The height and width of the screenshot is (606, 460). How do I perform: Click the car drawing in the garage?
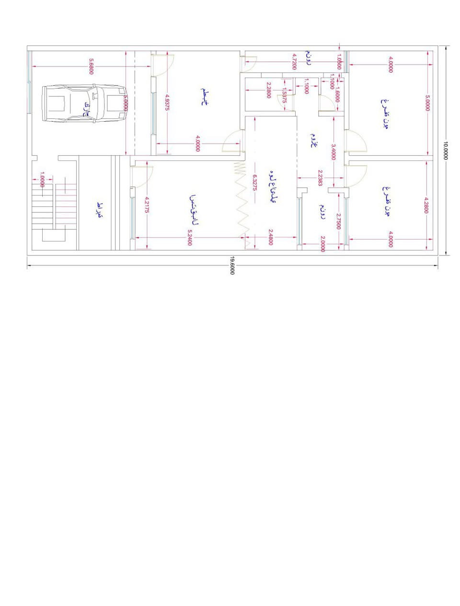85,103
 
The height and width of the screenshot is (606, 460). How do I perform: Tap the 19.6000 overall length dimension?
232,265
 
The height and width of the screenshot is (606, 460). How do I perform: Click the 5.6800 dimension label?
91,66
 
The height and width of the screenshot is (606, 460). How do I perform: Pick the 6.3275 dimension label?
255,183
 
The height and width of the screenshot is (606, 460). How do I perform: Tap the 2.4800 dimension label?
271,237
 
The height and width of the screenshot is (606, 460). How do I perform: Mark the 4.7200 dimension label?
294,62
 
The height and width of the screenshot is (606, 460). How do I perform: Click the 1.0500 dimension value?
339,61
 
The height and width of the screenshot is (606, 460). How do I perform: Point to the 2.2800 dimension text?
269,90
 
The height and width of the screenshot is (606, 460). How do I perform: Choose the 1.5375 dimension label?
284,95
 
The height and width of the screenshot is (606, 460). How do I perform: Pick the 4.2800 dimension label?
426,205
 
